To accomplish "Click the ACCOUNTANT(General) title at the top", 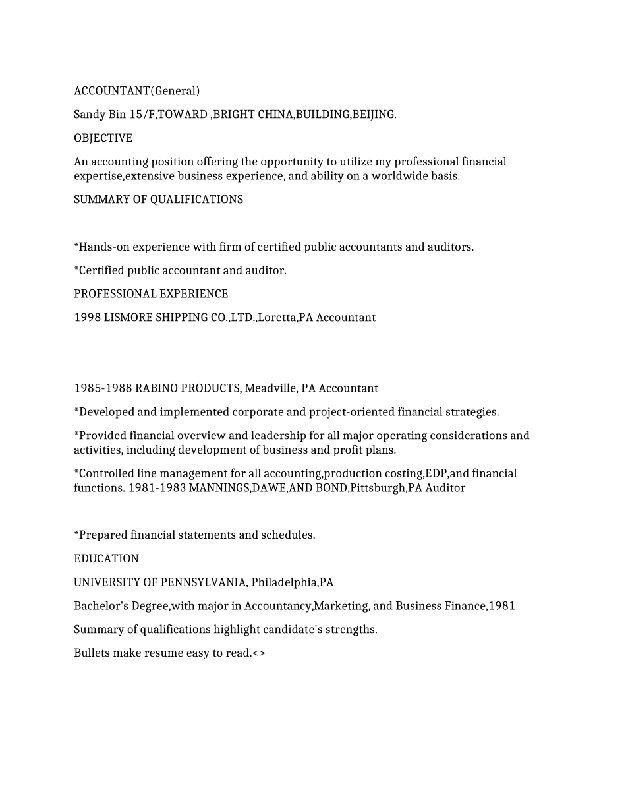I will (x=136, y=91).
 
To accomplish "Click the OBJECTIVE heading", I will (x=103, y=138).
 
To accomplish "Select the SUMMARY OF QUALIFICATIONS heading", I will (x=158, y=200).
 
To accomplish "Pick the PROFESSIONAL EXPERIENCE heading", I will (x=151, y=294).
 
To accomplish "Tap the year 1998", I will (x=87, y=318).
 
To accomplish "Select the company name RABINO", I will (x=156, y=388).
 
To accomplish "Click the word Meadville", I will (x=270, y=388).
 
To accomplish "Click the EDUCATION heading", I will (x=106, y=559).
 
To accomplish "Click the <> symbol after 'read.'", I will (x=259, y=653).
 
